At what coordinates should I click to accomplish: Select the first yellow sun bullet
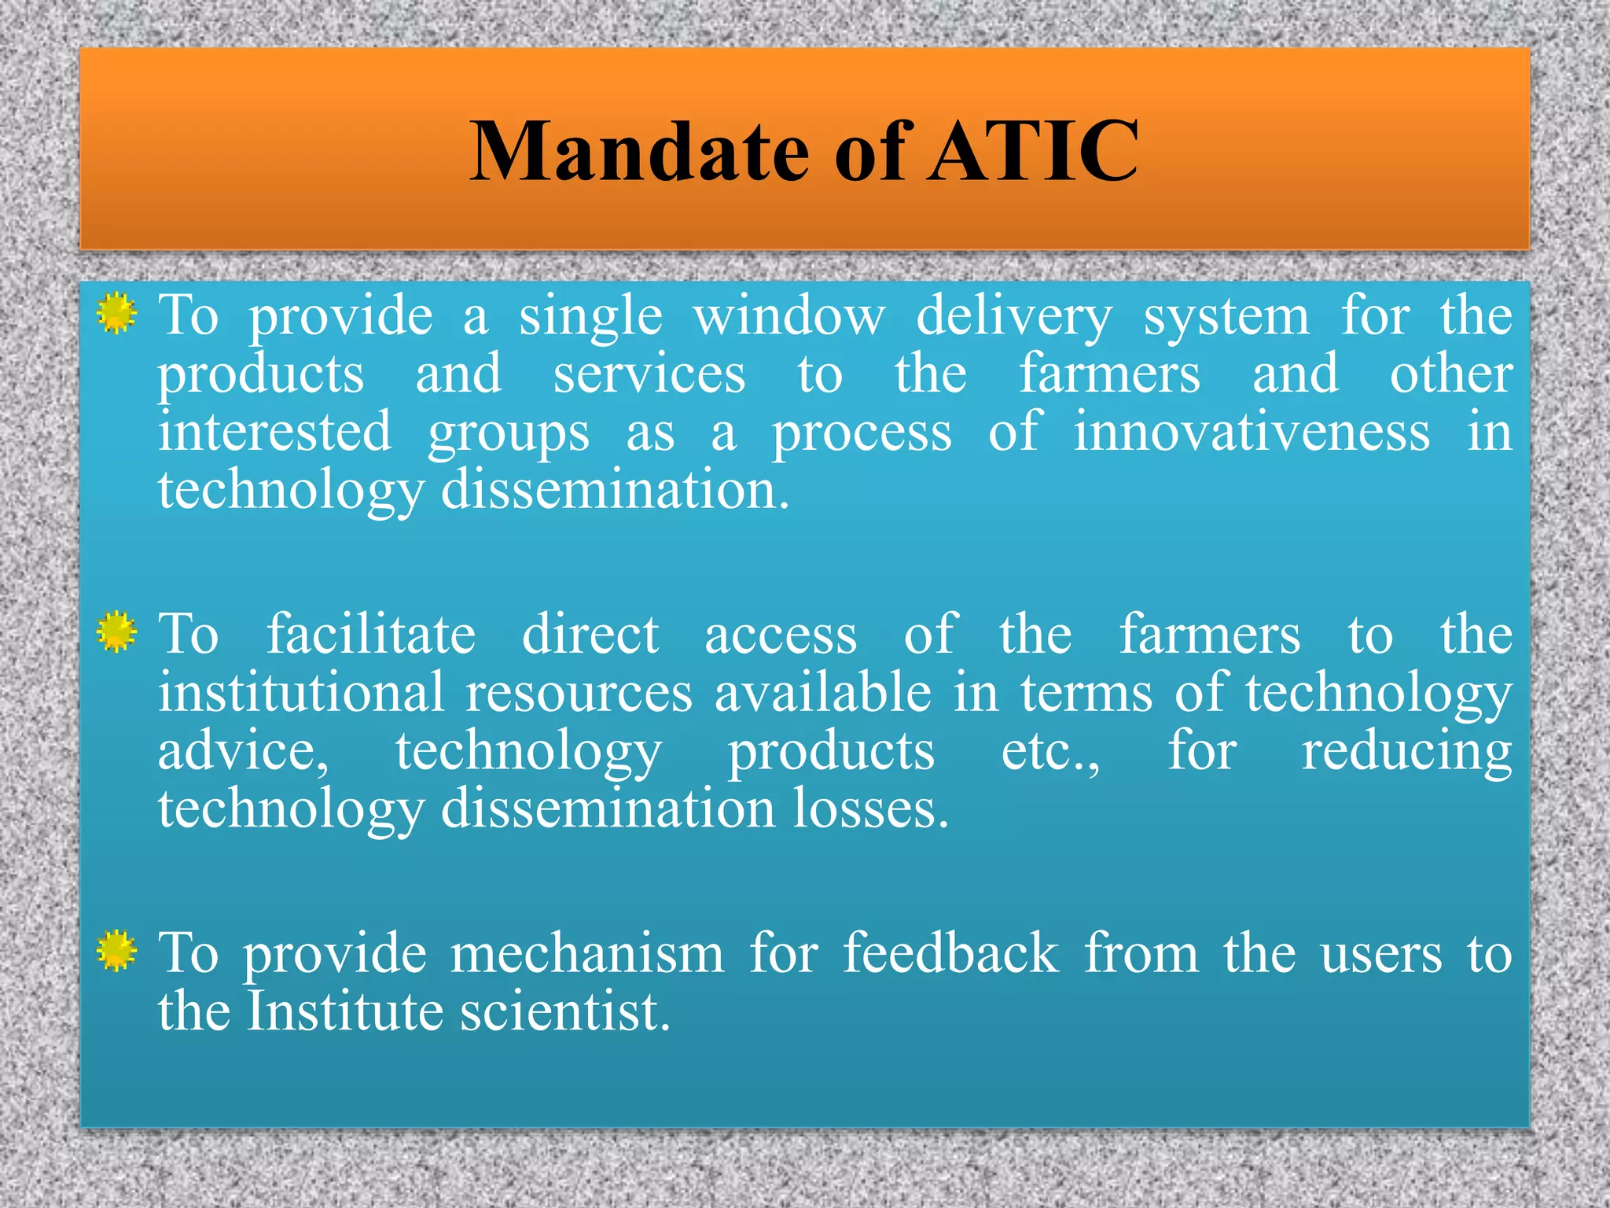(x=117, y=314)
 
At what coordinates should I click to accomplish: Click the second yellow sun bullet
(x=117, y=632)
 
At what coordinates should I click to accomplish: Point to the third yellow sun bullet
(x=117, y=951)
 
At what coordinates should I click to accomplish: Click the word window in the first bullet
(x=788, y=316)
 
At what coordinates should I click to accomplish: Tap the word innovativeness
(x=1252, y=433)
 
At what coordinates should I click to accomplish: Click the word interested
(x=274, y=433)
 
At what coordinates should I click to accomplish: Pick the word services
(x=649, y=375)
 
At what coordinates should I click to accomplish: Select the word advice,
(x=243, y=752)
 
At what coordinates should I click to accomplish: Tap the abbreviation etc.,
(x=1050, y=752)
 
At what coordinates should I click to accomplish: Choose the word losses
(x=870, y=809)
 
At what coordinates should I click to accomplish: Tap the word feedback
(x=951, y=954)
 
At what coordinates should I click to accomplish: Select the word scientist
(x=564, y=1011)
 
